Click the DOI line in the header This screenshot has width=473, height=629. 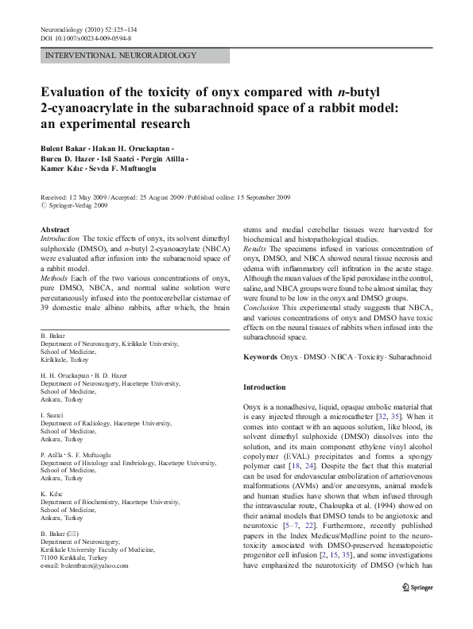pyautogui.click(x=86, y=37)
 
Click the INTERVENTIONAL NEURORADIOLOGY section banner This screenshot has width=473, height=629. pyautogui.click(x=110, y=56)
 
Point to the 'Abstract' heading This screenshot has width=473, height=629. pyautogui.click(x=55, y=229)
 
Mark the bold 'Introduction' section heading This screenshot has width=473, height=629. pyautogui.click(x=263, y=387)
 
